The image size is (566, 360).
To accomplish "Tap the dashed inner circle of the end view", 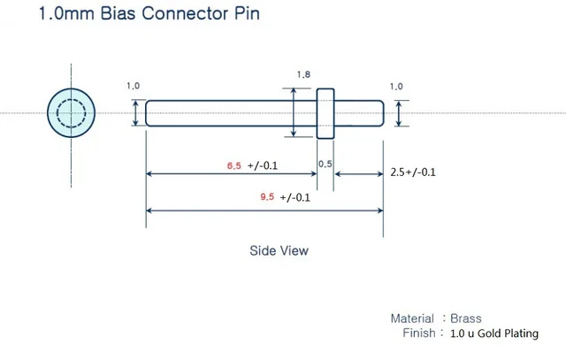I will tap(70, 113).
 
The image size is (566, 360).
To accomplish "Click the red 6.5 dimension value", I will tap(234, 165).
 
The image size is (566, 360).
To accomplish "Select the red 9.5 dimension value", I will tap(267, 197).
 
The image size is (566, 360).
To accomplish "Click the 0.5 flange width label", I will tap(325, 165).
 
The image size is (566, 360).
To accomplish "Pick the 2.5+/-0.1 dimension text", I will tap(413, 172).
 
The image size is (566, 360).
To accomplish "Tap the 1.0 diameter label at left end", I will tap(134, 86).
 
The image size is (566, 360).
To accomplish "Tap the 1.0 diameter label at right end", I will tap(395, 86).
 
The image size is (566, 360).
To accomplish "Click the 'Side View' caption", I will tap(279, 250).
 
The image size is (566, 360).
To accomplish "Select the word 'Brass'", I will tap(466, 318).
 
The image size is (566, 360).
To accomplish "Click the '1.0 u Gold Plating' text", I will tap(493, 333).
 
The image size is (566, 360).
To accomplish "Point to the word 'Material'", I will tap(412, 318).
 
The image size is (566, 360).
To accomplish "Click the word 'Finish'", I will tap(418, 333).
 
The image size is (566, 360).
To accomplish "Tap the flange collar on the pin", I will tap(325, 113).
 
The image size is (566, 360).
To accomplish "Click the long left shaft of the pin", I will tap(230, 113).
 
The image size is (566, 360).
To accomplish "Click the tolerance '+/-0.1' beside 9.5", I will tap(294, 198).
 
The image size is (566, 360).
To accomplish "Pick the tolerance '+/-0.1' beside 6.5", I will tap(263, 166).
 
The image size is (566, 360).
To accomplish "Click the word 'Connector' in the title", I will tap(187, 15).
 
